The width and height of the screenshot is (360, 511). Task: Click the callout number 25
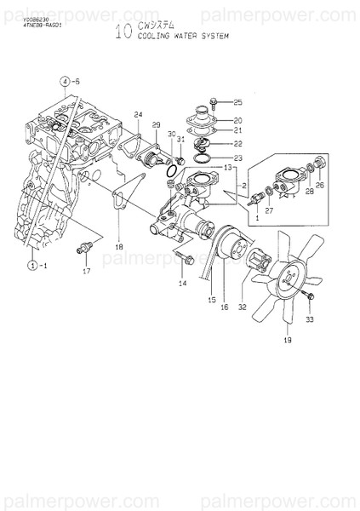pyautogui.click(x=237, y=101)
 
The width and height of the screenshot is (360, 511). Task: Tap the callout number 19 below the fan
pyautogui.click(x=287, y=340)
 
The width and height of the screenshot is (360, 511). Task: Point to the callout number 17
pyautogui.click(x=86, y=273)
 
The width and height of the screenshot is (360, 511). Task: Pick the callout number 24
pyautogui.click(x=138, y=114)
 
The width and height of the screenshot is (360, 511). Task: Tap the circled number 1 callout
pyautogui.click(x=32, y=265)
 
